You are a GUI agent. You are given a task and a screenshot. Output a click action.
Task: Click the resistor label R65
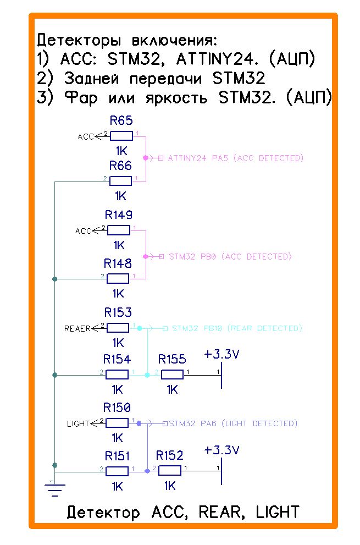[121, 121]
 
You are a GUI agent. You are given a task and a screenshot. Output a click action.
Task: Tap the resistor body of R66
[121, 180]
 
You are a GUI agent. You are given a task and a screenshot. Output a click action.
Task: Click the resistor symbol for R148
[118, 278]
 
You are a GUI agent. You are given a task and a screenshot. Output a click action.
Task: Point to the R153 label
[118, 313]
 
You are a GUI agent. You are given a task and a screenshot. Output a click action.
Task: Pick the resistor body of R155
[172, 375]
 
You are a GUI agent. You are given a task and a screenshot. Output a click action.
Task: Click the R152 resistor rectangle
[170, 471]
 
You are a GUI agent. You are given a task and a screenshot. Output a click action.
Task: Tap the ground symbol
[54, 487]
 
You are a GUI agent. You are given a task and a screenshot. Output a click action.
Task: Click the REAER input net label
[77, 328]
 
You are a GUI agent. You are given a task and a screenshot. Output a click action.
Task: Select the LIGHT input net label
[78, 423]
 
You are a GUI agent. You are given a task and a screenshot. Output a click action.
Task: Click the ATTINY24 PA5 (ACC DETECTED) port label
[236, 158]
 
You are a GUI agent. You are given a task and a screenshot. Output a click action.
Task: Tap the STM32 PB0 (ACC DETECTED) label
[230, 257]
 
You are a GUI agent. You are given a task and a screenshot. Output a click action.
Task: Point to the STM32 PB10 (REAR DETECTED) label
[237, 328]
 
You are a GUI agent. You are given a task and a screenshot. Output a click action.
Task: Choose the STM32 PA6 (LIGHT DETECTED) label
[233, 423]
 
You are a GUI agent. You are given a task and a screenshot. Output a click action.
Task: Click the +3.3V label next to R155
[221, 354]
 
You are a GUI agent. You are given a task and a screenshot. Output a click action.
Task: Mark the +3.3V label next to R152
[221, 450]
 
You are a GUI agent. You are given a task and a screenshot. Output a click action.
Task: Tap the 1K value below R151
[117, 486]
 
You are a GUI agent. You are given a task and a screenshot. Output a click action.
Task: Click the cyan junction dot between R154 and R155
[147, 375]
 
